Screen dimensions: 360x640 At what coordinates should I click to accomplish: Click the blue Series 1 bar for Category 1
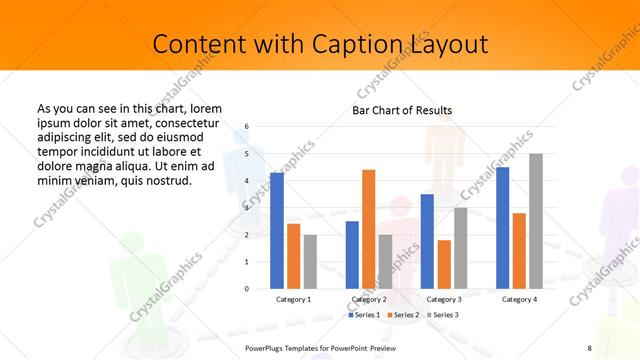pyautogui.click(x=277, y=230)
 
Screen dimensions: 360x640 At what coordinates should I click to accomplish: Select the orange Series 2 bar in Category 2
pyautogui.click(x=368, y=229)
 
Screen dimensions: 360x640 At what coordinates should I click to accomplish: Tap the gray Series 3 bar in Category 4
pyautogui.click(x=536, y=221)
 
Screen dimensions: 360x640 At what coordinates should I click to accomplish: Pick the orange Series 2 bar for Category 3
pyautogui.click(x=444, y=264)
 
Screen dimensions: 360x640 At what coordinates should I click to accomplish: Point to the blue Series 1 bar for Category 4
pyautogui.click(x=502, y=227)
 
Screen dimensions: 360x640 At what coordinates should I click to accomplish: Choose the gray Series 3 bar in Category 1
pyautogui.click(x=310, y=261)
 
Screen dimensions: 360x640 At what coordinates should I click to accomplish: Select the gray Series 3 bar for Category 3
pyautogui.click(x=460, y=247)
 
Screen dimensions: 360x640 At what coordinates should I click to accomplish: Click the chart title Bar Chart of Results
pyautogui.click(x=402, y=110)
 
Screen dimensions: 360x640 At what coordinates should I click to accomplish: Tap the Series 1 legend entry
pyautogui.click(x=364, y=315)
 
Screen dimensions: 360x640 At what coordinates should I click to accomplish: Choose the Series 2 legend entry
pyautogui.click(x=403, y=315)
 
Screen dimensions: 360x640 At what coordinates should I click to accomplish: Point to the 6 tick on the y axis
pyautogui.click(x=247, y=127)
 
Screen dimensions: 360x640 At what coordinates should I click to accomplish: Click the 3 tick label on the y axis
pyautogui.click(x=247, y=208)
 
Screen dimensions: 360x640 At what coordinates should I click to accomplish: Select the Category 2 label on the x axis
pyautogui.click(x=369, y=299)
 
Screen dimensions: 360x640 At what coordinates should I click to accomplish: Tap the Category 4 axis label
pyautogui.click(x=519, y=299)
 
